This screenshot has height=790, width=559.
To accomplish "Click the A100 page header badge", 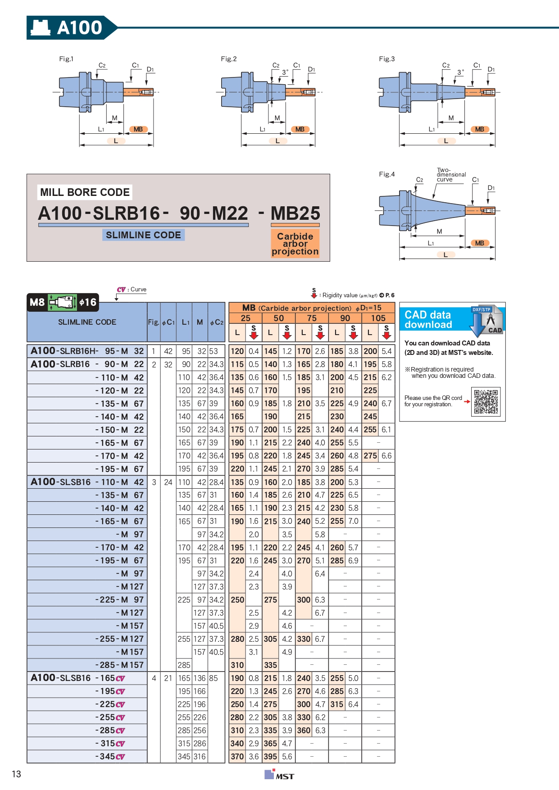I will click(68, 27).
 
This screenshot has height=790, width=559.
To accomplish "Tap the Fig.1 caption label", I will click(66, 59).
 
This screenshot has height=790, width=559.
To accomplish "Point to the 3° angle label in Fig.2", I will click(285, 72).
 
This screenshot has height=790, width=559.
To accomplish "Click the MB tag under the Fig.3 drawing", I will click(480, 129).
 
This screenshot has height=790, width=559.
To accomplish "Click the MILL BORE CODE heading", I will click(85, 192).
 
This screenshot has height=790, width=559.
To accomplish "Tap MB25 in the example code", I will click(295, 213).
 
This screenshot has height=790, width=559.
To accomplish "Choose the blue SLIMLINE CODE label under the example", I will click(143, 235).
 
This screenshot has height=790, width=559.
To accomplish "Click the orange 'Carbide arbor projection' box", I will click(295, 244).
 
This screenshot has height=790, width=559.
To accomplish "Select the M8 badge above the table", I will click(37, 302).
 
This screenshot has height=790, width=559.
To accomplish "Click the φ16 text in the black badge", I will click(88, 302).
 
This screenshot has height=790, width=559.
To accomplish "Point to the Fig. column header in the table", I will click(154, 322).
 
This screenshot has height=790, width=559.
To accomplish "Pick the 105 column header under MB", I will click(378, 318).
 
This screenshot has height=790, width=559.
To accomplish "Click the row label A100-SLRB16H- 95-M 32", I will click(87, 351).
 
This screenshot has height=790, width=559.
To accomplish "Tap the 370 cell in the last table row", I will click(237, 757).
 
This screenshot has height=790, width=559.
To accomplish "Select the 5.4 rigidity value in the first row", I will click(386, 351).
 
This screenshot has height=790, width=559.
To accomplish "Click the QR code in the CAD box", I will click(486, 402).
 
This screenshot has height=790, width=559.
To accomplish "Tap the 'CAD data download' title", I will click(428, 319).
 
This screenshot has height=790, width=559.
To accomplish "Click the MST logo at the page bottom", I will click(279, 775).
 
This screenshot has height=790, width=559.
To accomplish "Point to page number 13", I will click(17, 774).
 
